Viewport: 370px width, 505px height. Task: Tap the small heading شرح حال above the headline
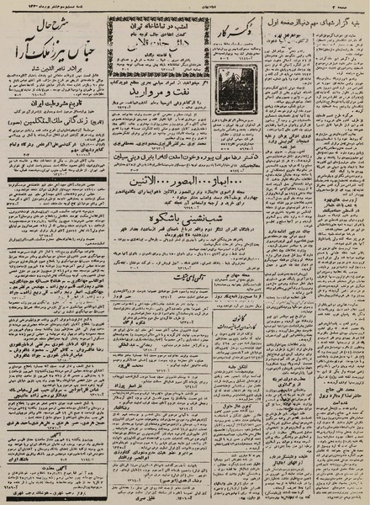pyautogui.click(x=51, y=24)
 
